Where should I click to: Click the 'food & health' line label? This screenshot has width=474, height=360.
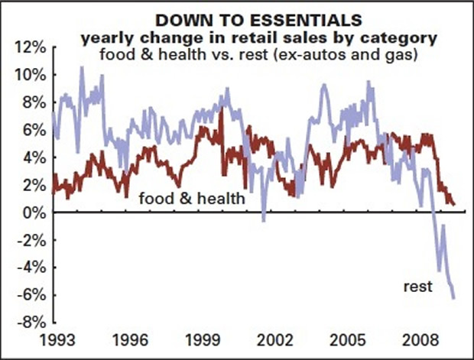(192, 199)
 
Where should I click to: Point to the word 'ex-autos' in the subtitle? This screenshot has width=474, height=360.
(342, 54)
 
